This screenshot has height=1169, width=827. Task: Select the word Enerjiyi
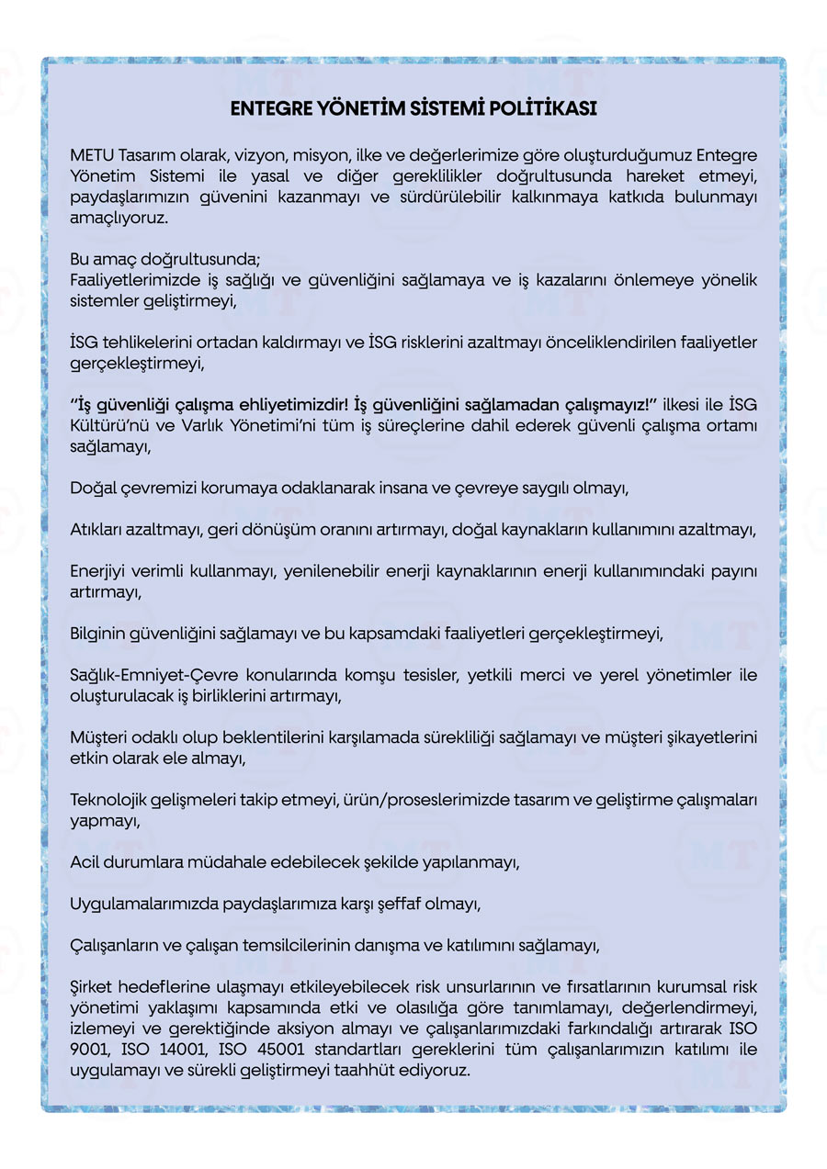[x=98, y=572]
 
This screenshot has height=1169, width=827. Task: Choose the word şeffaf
[x=425, y=905]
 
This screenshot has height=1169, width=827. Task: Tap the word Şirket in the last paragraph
[x=93, y=987]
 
